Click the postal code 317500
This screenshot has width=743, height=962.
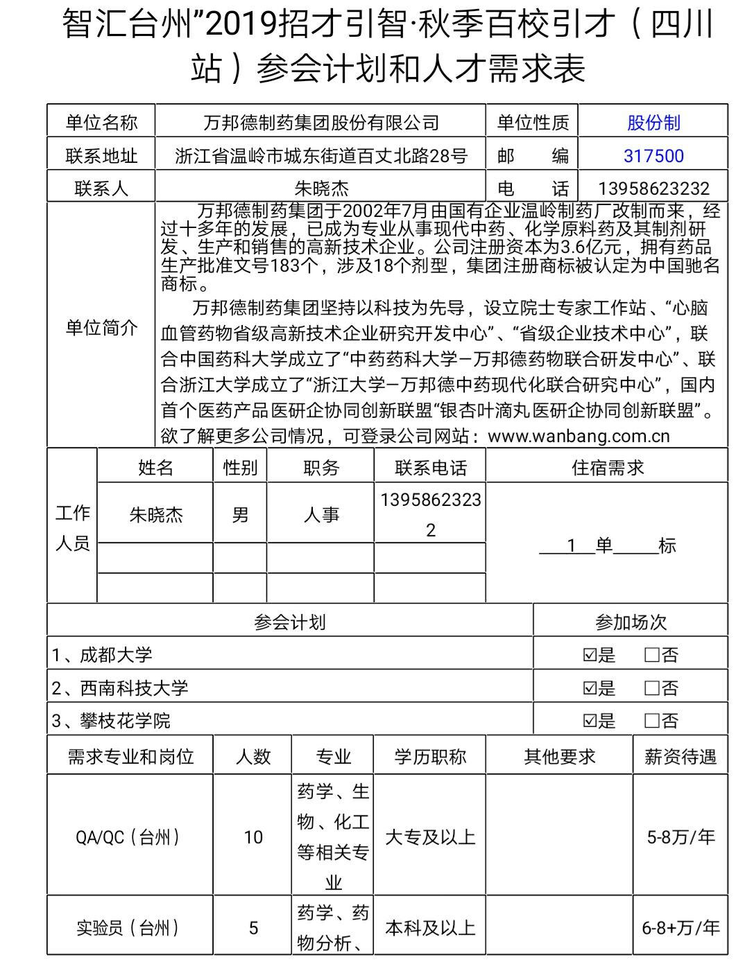(x=653, y=156)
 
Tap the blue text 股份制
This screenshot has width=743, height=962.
(x=653, y=123)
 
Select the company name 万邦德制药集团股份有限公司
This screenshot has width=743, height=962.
(x=321, y=123)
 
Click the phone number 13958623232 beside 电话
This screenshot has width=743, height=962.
(x=653, y=189)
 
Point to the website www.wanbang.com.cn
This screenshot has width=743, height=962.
(x=579, y=436)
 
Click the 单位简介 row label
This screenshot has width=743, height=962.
(x=101, y=328)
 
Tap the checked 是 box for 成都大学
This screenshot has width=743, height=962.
(x=590, y=655)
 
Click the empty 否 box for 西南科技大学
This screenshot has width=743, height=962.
(x=651, y=688)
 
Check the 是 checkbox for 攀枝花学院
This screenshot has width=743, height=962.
(x=590, y=721)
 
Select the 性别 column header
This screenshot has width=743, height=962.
(x=240, y=468)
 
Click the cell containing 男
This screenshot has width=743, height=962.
(x=240, y=515)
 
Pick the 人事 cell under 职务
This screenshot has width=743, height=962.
(x=321, y=515)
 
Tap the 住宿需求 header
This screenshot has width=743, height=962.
(x=607, y=468)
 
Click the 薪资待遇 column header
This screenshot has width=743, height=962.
(x=680, y=756)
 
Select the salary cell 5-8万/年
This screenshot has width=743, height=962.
(x=680, y=837)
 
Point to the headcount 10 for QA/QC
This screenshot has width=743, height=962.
(x=253, y=837)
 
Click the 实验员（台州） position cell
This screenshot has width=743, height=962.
(x=130, y=927)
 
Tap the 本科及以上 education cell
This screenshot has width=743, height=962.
(x=430, y=927)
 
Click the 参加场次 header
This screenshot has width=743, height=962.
(x=630, y=622)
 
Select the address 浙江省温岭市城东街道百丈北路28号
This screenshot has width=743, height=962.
(x=321, y=156)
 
